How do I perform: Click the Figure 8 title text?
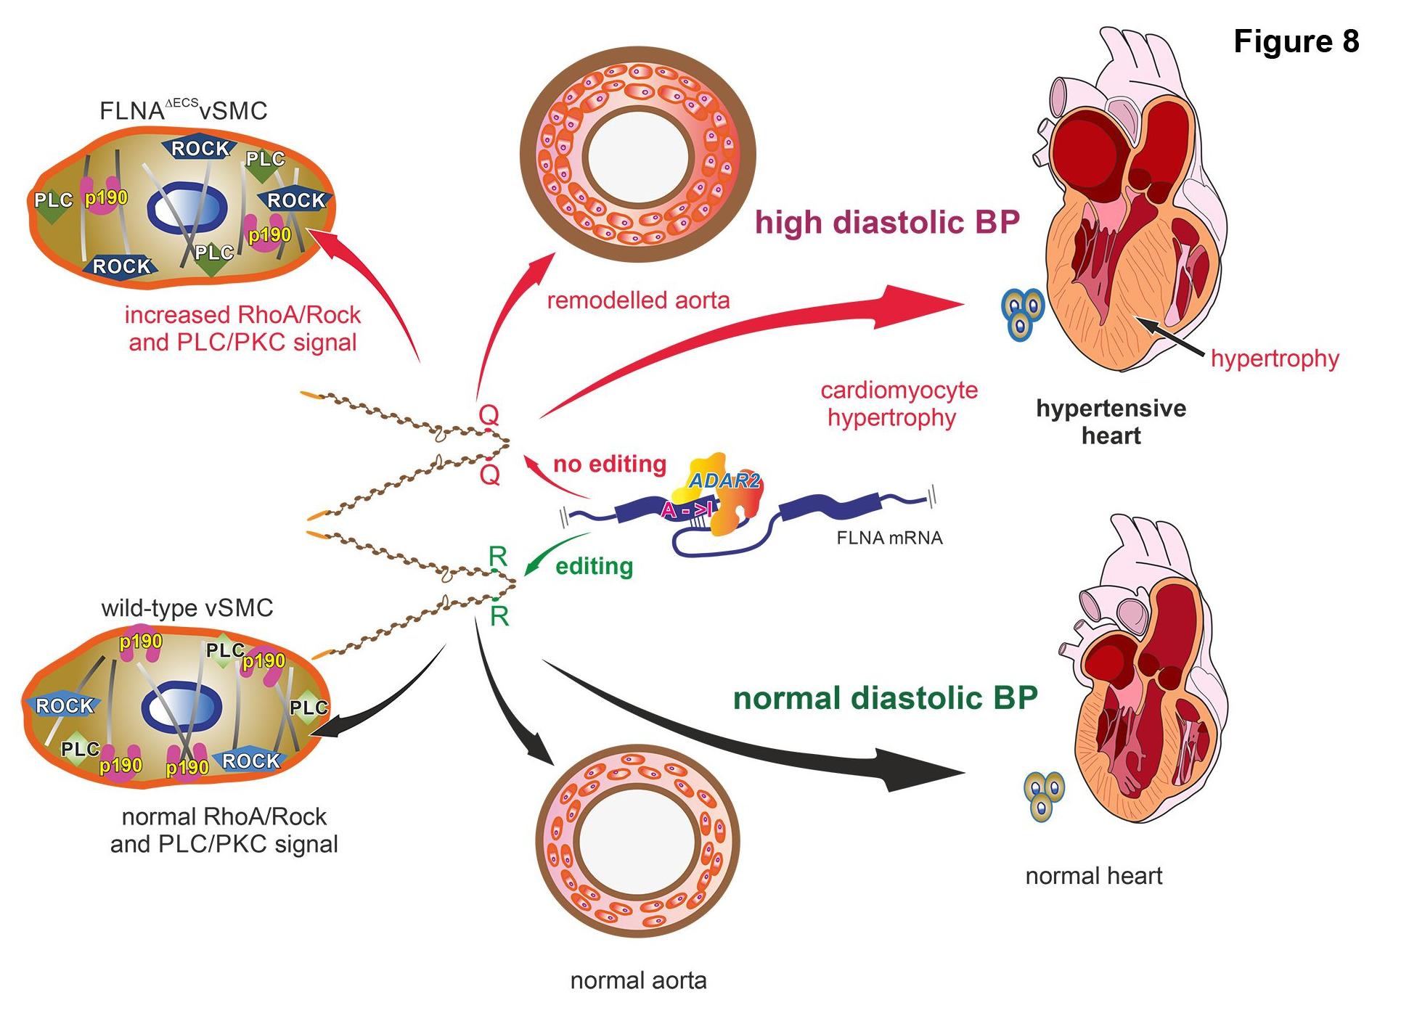point(1296,41)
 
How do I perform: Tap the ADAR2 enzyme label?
point(724,480)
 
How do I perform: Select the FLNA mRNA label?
point(889,538)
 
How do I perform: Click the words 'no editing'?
point(610,464)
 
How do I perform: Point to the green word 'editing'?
point(594,566)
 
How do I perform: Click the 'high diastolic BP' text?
point(888,221)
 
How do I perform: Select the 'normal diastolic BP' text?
point(886,697)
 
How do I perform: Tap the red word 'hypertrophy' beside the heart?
point(1275,358)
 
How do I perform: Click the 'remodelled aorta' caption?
point(638,300)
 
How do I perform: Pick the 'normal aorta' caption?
point(638,980)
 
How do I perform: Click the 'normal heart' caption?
point(1093,876)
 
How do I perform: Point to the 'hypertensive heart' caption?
point(1111,422)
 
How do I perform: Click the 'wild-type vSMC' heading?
point(187,607)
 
